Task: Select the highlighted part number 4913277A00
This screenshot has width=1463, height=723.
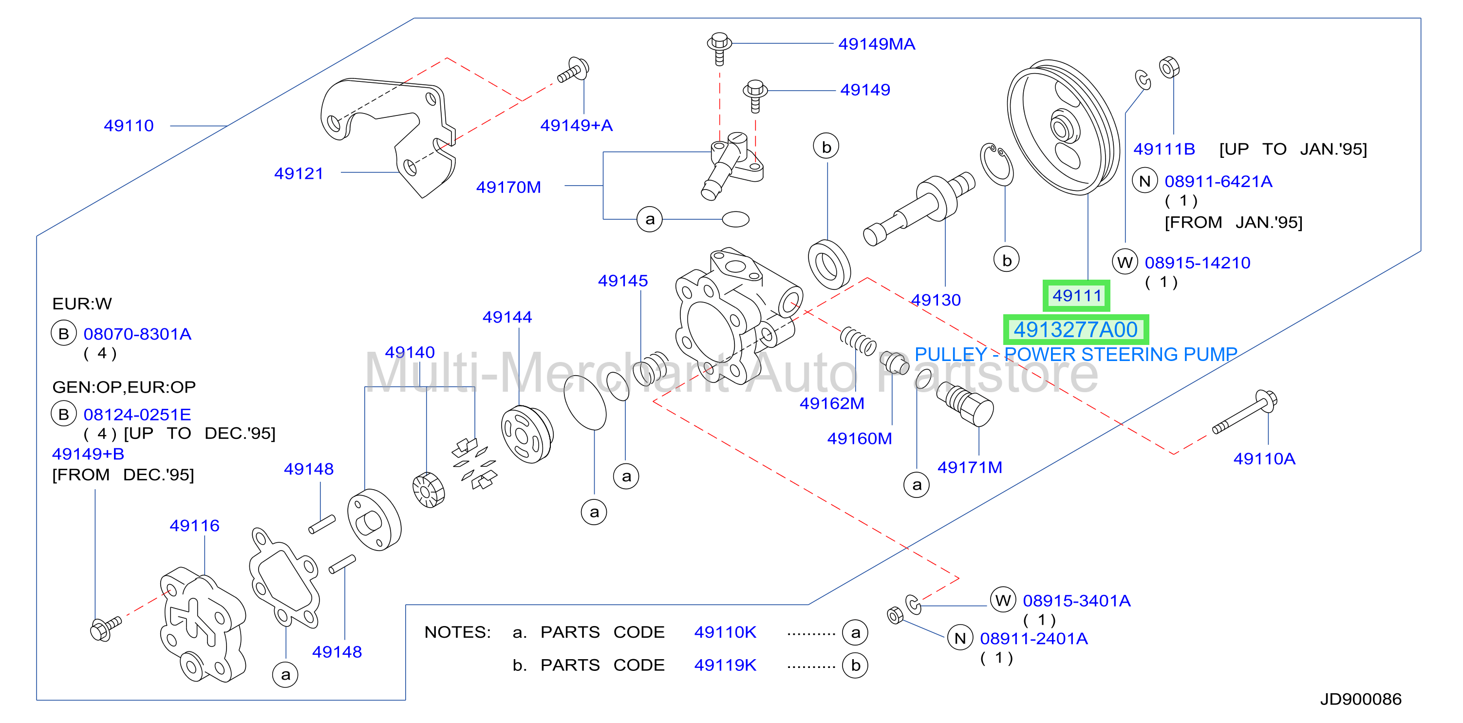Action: tap(1076, 329)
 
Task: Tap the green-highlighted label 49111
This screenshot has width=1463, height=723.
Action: tap(1076, 295)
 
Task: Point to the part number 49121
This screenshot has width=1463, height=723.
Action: tap(299, 173)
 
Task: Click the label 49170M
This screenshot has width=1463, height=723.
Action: tap(508, 187)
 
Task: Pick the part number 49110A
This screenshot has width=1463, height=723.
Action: tap(1264, 458)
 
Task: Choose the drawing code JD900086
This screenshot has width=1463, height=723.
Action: tap(1360, 699)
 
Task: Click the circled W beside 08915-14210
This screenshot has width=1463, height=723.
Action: tap(1125, 263)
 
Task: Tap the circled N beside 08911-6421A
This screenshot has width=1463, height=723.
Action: tap(1145, 181)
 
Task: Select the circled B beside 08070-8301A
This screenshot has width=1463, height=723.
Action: tap(64, 333)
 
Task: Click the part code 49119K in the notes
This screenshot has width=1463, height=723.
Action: tap(725, 665)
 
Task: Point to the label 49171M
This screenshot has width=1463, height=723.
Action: tap(970, 467)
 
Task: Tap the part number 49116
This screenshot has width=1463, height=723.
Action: tap(194, 525)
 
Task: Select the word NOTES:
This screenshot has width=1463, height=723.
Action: tap(457, 631)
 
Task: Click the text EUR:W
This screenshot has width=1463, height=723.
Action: tap(82, 304)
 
